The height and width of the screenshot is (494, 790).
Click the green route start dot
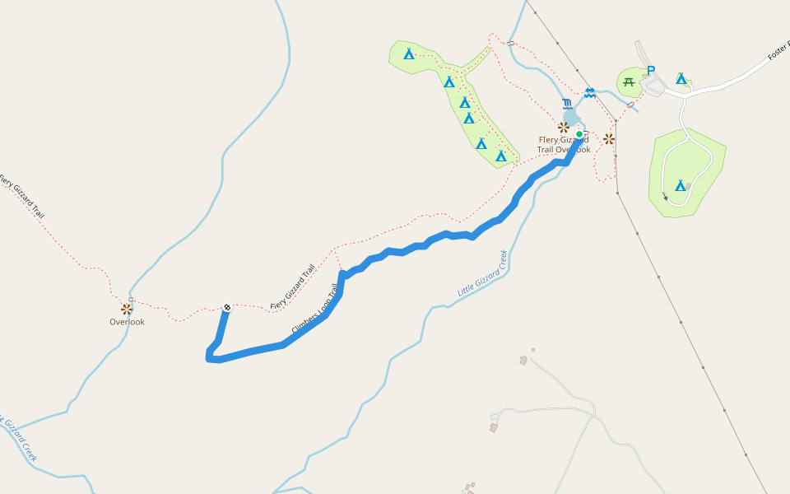(579, 134)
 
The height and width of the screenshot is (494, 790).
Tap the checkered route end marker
(227, 308)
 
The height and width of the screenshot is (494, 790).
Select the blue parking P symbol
(651, 71)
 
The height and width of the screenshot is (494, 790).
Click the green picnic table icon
(630, 81)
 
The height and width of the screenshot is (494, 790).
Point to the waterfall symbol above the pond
(567, 104)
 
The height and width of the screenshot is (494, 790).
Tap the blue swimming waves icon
(590, 92)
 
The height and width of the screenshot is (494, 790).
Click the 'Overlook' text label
(127, 322)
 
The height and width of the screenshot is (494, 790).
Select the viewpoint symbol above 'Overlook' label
(126, 309)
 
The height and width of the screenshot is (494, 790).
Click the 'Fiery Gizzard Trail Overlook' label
(564, 145)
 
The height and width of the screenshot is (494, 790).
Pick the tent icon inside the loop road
(681, 185)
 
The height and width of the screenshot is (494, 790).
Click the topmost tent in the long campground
(409, 54)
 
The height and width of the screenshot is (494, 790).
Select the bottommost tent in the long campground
(500, 155)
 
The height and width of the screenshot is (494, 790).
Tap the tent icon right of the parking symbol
(681, 78)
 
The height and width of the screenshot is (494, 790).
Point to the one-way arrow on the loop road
(665, 196)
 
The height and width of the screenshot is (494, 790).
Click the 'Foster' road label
(778, 50)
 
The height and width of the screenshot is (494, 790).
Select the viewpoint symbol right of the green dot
(609, 139)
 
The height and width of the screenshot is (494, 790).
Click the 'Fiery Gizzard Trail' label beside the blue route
(293, 288)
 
